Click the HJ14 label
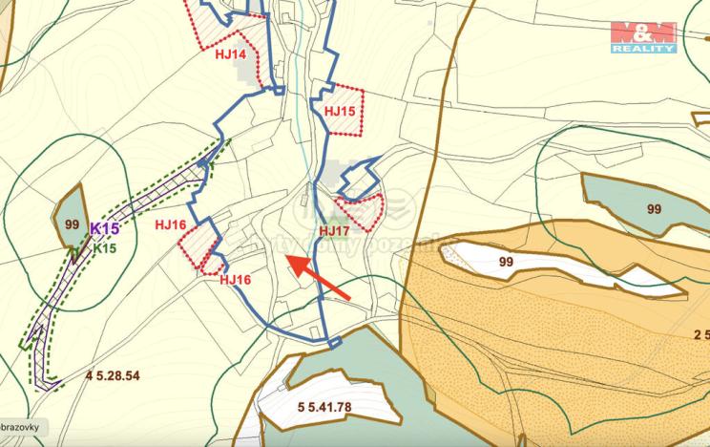pyautogui.click(x=230, y=54)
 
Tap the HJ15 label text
pyautogui.click(x=340, y=112)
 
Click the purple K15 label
pyautogui.click(x=104, y=229)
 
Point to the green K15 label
pyautogui.click(x=105, y=248)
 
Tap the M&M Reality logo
pyautogui.click(x=644, y=36)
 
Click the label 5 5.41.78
pyautogui.click(x=324, y=407)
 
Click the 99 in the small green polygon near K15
pyautogui.click(x=71, y=223)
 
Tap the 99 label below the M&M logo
pyautogui.click(x=654, y=209)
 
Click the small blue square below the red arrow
pyautogui.click(x=333, y=342)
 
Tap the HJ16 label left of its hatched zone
pyautogui.click(x=169, y=224)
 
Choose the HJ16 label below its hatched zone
pyautogui.click(x=235, y=280)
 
